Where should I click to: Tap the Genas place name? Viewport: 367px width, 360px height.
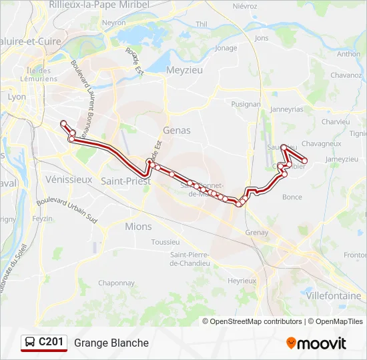(176, 131)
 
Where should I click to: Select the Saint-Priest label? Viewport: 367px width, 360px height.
(125, 181)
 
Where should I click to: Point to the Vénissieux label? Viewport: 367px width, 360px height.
(69, 179)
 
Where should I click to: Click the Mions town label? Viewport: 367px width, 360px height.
(138, 227)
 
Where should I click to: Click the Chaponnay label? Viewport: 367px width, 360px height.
(117, 283)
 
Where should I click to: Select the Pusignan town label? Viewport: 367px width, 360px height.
(246, 104)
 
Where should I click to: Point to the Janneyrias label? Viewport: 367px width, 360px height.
(286, 109)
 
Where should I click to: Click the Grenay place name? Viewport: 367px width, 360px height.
(257, 233)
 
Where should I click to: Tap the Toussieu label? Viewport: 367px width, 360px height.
(165, 242)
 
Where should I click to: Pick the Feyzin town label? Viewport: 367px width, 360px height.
(42, 218)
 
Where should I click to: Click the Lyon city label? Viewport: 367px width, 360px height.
(17, 97)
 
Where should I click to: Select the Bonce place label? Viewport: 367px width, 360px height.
(292, 197)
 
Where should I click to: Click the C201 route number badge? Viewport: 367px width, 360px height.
(51, 342)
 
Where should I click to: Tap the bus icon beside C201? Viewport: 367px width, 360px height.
(31, 343)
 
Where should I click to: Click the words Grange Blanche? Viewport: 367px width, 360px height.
(111, 343)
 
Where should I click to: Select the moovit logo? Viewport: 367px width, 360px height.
(316, 343)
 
